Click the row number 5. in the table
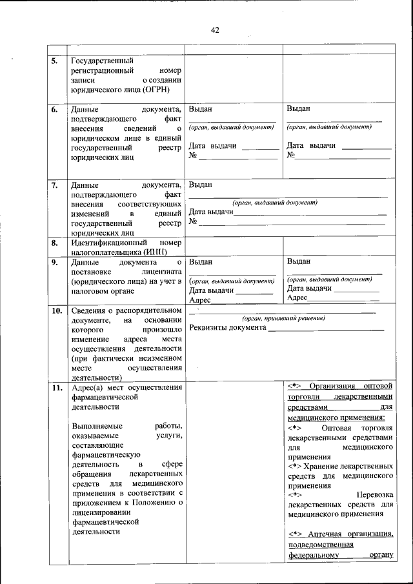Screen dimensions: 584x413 56,62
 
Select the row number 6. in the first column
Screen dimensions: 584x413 56,110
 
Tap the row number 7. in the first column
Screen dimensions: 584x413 56,185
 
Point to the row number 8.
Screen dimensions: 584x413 56,243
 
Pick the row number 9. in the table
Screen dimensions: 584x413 56,263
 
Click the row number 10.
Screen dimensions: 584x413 57,310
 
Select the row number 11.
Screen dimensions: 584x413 57,387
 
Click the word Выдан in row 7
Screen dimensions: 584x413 200,185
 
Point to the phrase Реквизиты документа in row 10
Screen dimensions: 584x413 227,328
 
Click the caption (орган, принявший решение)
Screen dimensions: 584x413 283,319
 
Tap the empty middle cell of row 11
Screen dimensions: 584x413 234,471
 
